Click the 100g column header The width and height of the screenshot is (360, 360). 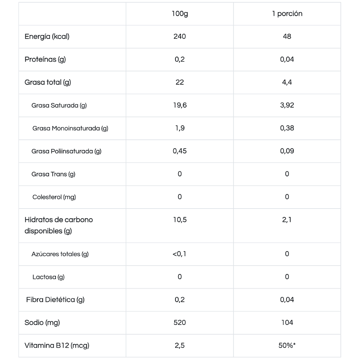180,13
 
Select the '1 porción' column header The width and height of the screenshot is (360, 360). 287,13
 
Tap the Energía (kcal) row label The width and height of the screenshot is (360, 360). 47,36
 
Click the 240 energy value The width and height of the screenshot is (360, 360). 180,36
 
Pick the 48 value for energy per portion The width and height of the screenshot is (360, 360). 287,36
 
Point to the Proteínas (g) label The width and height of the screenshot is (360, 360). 45,59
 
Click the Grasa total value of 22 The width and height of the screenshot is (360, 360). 180,82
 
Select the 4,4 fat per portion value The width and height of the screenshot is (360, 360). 287,82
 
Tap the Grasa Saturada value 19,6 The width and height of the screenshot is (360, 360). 180,105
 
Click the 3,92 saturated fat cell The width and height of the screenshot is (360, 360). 287,105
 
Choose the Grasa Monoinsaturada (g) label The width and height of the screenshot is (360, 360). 70,128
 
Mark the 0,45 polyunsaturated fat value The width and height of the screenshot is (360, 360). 180,151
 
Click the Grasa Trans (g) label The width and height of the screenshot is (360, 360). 53,174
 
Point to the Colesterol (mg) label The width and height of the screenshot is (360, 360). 54,197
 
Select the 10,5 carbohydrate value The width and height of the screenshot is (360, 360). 180,220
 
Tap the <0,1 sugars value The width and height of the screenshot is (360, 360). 180,254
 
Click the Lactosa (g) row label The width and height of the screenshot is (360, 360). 48,277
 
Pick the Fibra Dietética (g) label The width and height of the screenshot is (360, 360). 55,300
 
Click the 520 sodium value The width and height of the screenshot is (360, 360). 180,323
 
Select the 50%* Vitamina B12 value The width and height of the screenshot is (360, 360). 287,346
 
